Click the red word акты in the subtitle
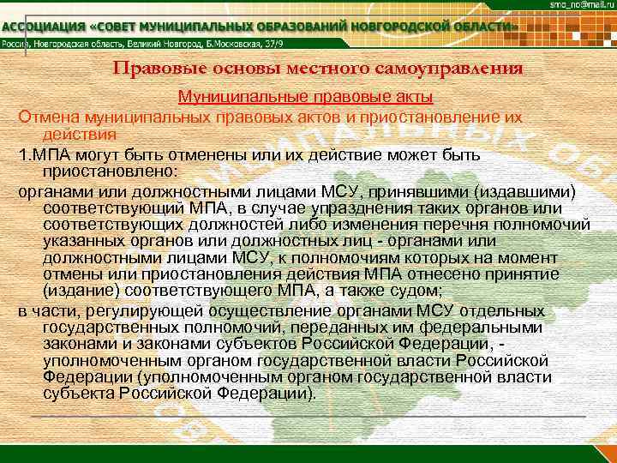pos(413,97)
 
